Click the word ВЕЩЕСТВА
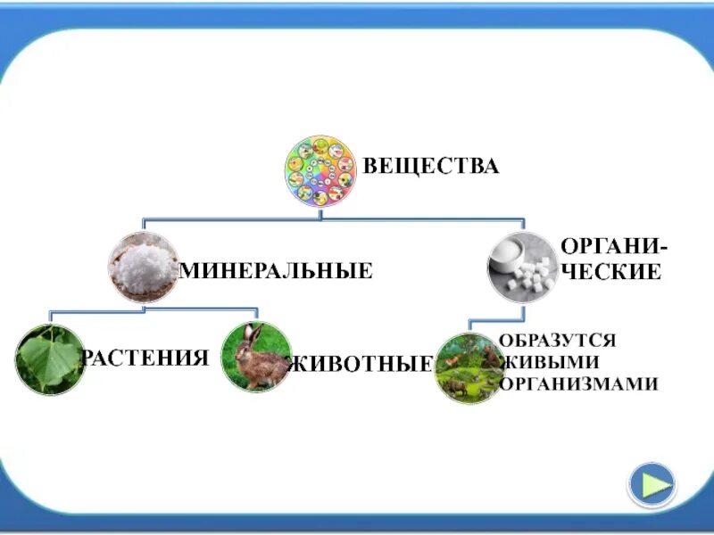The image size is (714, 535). [x=429, y=167]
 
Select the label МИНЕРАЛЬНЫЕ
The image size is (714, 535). [x=277, y=269]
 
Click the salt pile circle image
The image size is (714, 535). [x=144, y=266]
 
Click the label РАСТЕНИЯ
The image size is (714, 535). [x=146, y=358]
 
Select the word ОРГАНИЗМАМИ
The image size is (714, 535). [x=579, y=384]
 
